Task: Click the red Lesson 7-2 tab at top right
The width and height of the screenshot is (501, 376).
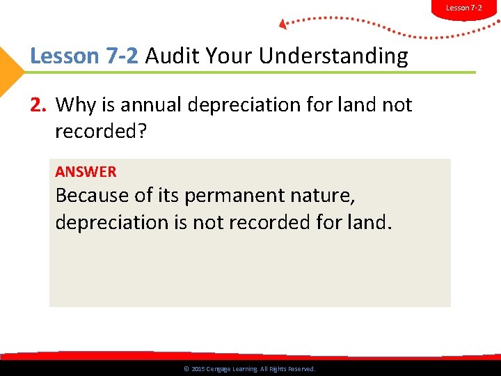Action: point(464,8)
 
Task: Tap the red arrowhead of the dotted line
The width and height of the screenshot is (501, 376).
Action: point(283,25)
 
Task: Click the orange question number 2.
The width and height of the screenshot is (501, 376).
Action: point(38,105)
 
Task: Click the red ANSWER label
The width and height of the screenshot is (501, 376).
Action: point(86,171)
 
